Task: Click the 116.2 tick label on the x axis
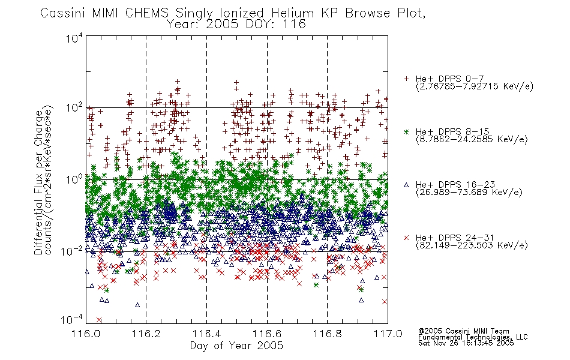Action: pos(146,334)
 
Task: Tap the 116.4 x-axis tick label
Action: pos(206,334)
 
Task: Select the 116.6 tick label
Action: pos(267,334)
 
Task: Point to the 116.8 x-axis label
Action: pos(327,334)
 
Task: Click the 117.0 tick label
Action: pos(388,334)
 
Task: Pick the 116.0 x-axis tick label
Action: pos(86,334)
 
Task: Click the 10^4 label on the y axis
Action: pos(74,38)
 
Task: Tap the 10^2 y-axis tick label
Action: pos(74,108)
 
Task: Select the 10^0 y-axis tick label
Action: pos(74,179)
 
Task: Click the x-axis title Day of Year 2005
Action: pos(236,346)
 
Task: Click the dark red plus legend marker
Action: pos(406,79)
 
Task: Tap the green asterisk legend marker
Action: pos(406,132)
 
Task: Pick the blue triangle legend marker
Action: pos(406,185)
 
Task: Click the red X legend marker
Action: pos(406,238)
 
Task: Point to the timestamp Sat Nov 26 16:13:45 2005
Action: pos(466,343)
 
